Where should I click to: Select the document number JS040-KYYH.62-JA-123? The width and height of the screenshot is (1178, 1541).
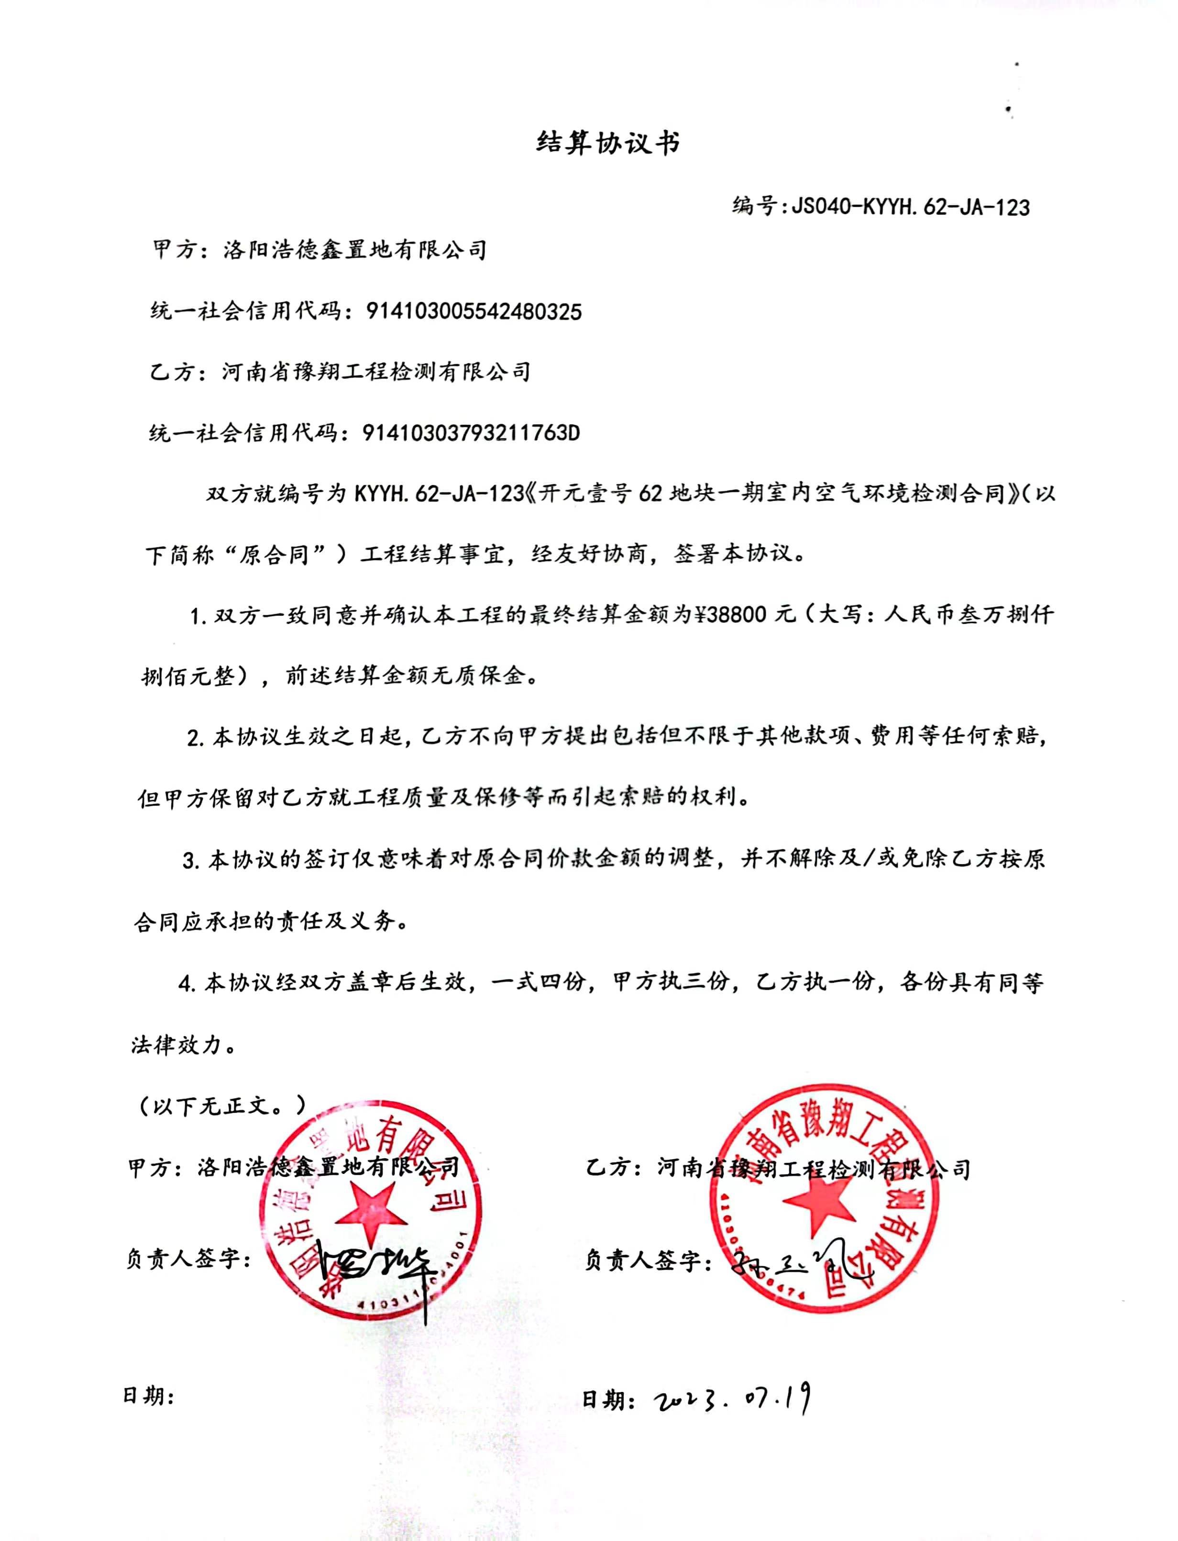[910, 207]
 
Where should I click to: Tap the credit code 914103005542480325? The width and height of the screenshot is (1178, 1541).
[473, 311]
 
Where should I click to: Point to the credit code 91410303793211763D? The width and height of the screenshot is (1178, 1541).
[471, 433]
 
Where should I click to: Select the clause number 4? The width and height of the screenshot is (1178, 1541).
[186, 984]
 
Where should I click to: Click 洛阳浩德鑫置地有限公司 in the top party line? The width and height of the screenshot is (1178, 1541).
[355, 250]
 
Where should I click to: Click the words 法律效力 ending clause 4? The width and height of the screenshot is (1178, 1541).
[176, 1045]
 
